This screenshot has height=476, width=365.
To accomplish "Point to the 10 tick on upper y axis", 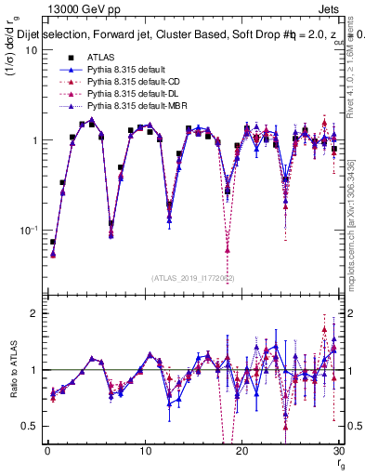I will click(x=31, y=50).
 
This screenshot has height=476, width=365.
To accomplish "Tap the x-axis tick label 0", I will click(x=47, y=452).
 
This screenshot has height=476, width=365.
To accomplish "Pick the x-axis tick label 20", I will click(x=242, y=452).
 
